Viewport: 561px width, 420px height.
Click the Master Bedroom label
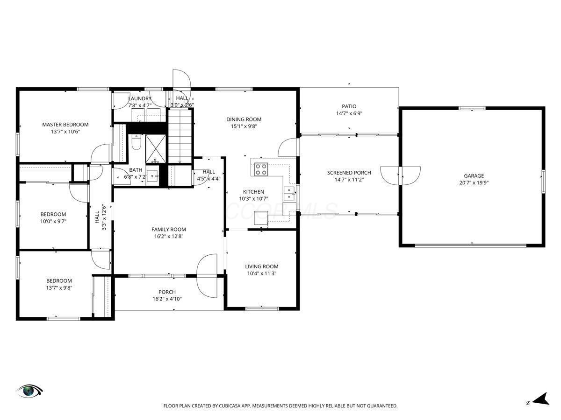[65, 125]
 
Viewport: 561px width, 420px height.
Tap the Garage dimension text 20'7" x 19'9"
[474, 182]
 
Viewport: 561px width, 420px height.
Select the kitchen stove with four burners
[261, 169]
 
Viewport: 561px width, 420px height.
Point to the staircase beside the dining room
[180, 136]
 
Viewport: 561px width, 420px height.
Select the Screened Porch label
[349, 173]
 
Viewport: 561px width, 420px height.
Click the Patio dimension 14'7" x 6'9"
[349, 113]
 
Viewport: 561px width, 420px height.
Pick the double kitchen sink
[289, 194]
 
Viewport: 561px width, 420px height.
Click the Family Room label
[169, 229]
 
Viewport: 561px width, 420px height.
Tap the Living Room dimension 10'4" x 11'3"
[262, 273]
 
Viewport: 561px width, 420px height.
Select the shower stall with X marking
[156, 149]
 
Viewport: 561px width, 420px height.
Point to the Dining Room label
[244, 119]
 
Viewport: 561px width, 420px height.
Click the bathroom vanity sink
[152, 176]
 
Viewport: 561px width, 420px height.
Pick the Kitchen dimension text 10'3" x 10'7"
[253, 199]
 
